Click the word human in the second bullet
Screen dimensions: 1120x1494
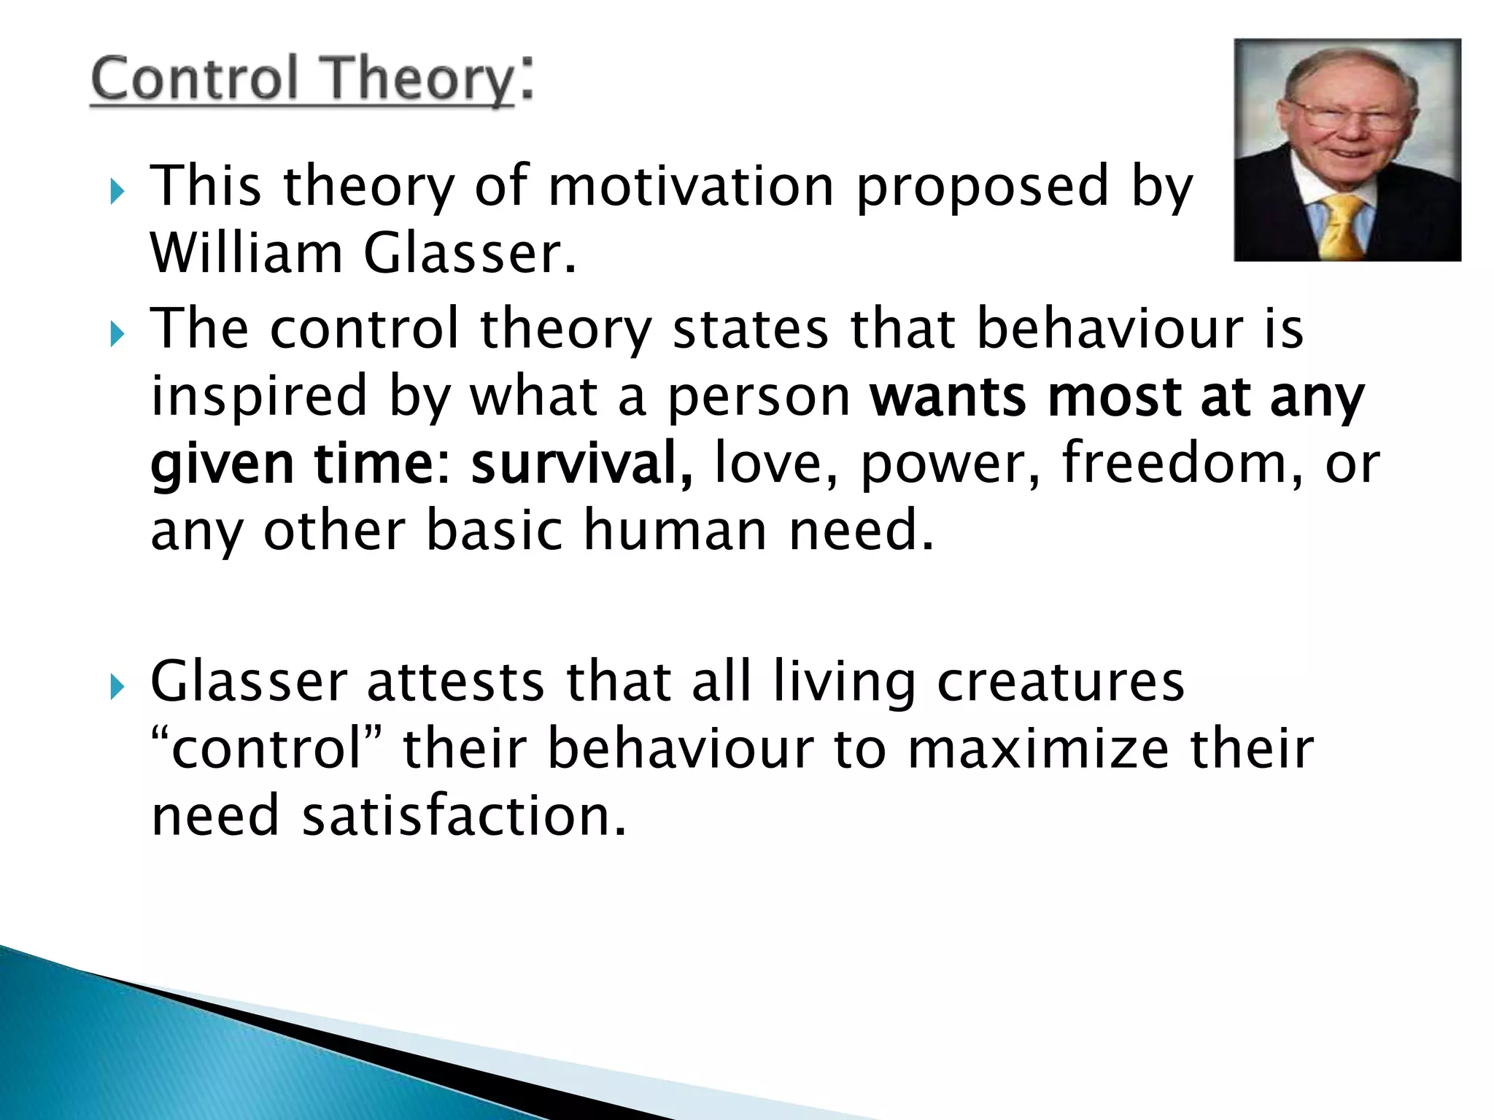coord(675,530)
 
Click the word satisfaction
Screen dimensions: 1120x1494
coord(464,815)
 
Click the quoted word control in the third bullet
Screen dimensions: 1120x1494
coord(266,750)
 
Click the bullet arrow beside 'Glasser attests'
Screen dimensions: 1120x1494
coord(117,686)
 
